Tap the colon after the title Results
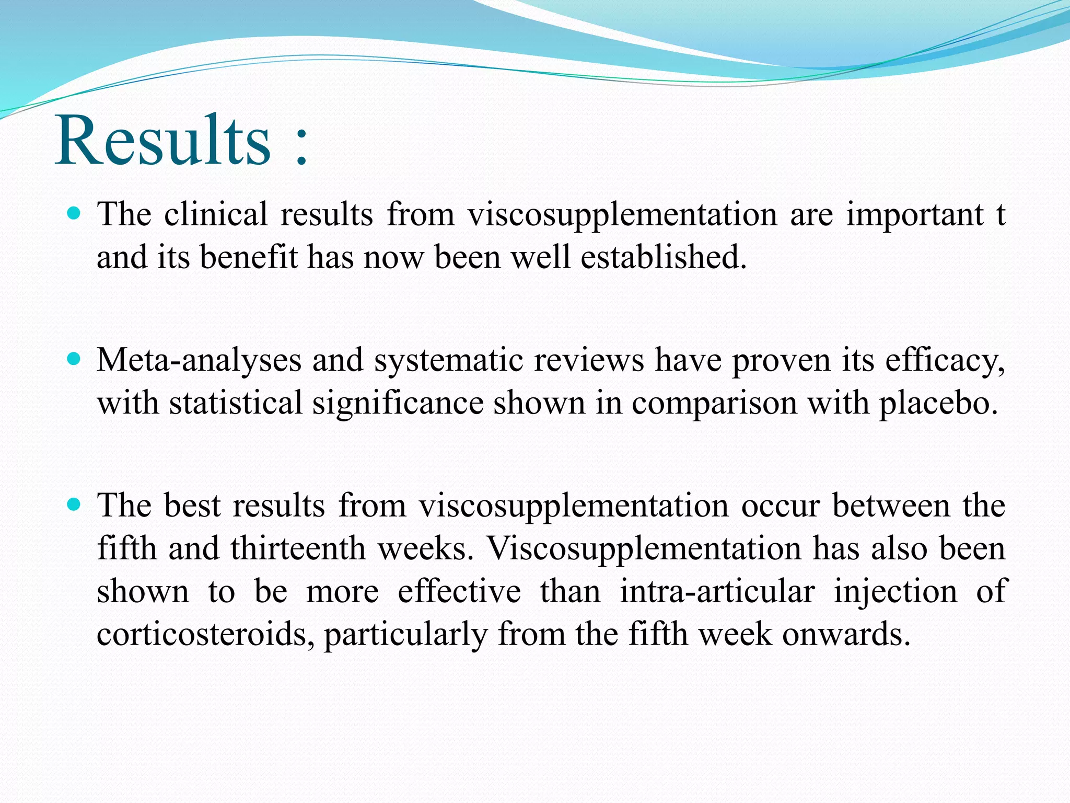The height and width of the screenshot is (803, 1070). coord(301,150)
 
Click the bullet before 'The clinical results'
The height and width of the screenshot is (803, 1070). coord(74,213)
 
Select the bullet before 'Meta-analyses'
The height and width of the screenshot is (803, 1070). coord(74,359)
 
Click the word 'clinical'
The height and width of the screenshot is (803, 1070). coord(215,214)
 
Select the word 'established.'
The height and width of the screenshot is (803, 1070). coord(664,257)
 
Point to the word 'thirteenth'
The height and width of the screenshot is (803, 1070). coord(297,548)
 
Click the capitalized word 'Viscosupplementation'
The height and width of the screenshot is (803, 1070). coord(644,549)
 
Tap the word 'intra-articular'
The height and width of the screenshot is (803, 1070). coord(717,592)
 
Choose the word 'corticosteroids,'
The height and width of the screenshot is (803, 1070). coord(206,635)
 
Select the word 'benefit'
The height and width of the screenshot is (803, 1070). coord(249,257)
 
